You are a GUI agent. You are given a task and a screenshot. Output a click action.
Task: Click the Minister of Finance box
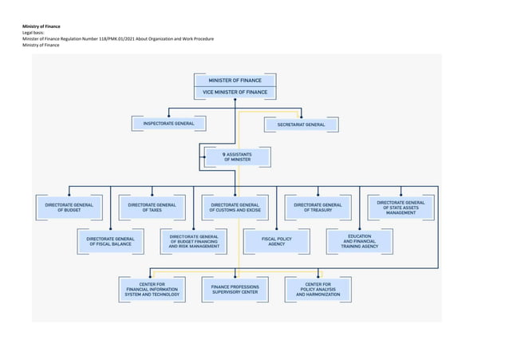(235, 81)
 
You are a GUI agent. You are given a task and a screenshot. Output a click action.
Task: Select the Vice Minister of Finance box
(235, 92)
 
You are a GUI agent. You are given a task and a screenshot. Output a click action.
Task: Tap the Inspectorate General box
(168, 124)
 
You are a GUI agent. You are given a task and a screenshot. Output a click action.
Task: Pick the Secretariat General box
(301, 125)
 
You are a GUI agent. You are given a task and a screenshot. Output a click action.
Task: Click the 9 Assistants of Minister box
(236, 156)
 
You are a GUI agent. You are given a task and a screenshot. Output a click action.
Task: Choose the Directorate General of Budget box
(69, 208)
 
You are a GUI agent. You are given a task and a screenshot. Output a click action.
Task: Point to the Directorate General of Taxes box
(152, 208)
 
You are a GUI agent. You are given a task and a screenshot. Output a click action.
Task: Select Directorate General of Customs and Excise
(235, 208)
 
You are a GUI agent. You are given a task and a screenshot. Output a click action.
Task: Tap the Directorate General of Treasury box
(318, 208)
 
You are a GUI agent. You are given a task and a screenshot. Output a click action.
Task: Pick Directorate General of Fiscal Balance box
(110, 241)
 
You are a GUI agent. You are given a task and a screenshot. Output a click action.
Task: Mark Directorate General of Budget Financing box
(194, 241)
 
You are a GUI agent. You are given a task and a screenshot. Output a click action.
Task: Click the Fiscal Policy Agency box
(276, 241)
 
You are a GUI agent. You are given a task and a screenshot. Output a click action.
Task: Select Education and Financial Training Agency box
(359, 241)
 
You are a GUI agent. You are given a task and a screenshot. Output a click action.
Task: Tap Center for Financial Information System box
(152, 289)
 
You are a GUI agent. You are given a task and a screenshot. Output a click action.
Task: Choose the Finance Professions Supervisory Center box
(235, 289)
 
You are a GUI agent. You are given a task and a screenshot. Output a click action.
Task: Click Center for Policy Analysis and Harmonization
(318, 289)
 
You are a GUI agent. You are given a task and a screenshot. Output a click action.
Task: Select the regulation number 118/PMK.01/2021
(114, 39)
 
